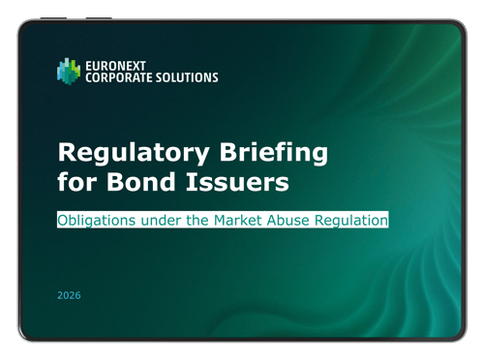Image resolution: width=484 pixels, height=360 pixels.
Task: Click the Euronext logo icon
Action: [x=69, y=70]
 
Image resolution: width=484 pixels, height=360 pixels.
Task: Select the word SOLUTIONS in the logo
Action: [x=187, y=77]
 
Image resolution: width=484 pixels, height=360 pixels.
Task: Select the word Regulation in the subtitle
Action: [x=355, y=220]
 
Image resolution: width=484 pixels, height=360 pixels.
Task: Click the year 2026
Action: [x=69, y=295]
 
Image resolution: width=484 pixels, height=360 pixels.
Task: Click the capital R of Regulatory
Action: [x=67, y=153]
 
